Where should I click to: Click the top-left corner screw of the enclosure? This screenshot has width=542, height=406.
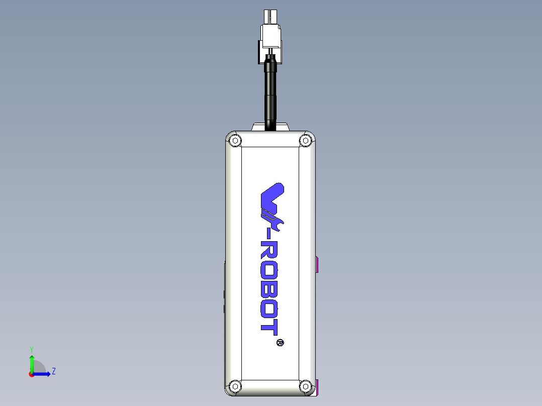point(234,140)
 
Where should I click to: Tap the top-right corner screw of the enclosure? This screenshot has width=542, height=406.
point(305,140)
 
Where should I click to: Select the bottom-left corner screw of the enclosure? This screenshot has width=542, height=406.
point(234,386)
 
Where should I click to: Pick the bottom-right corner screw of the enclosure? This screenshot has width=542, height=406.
point(305,386)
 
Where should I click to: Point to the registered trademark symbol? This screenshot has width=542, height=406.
point(280,343)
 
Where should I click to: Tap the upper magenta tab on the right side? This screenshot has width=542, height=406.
point(318,264)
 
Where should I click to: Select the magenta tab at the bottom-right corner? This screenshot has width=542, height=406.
point(318,387)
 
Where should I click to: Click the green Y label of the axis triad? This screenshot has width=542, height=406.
point(31,349)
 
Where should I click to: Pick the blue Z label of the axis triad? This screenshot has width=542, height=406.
point(53,372)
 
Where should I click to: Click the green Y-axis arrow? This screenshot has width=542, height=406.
point(31,362)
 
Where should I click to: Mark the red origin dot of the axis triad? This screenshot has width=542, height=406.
point(31,374)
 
